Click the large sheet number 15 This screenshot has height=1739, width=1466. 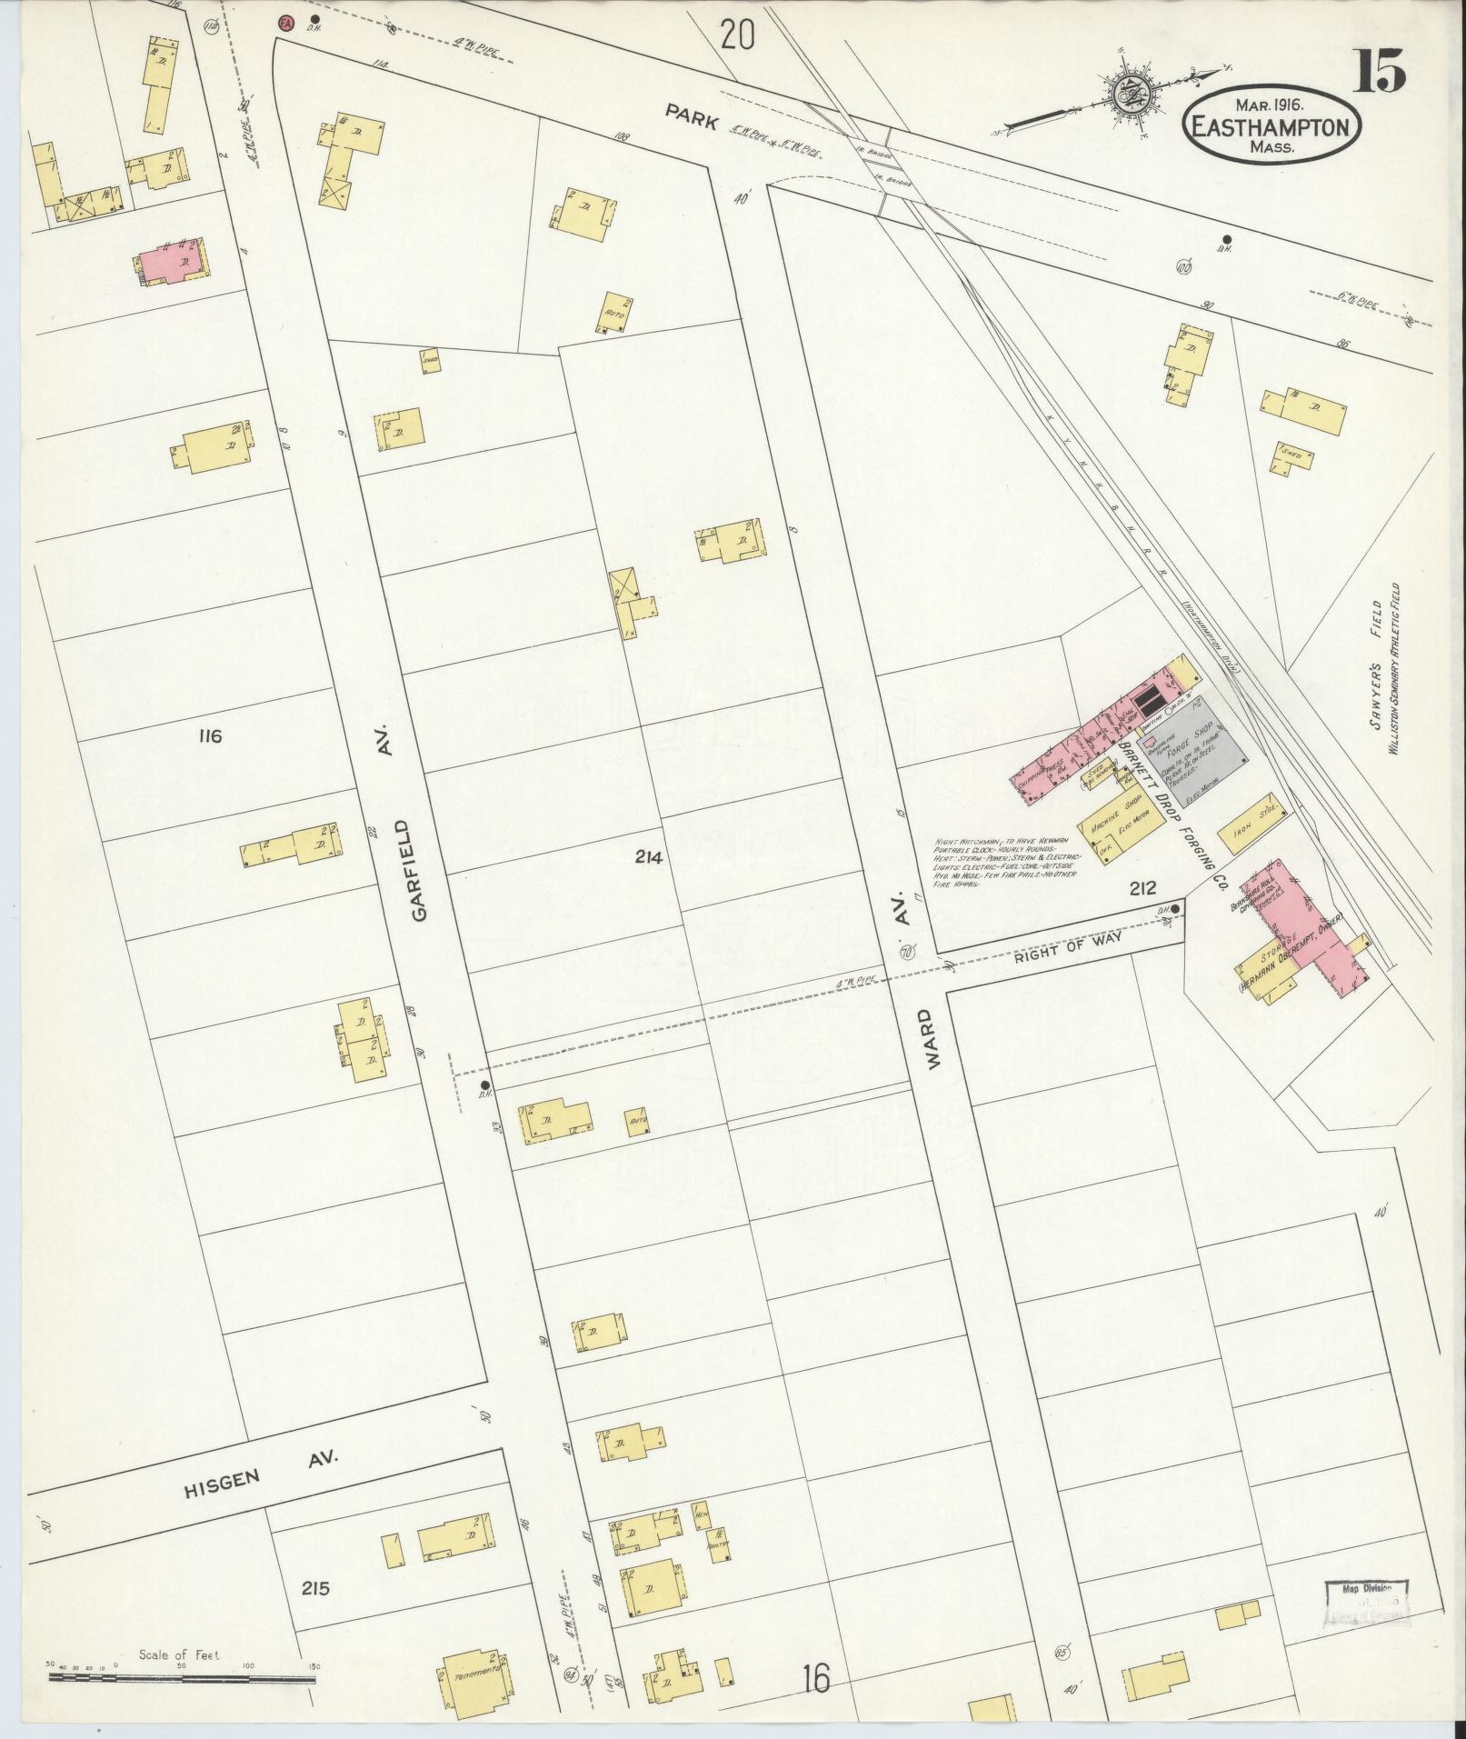pyautogui.click(x=1381, y=70)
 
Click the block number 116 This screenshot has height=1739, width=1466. pyautogui.click(x=209, y=735)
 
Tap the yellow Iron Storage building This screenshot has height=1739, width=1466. pyautogui.click(x=1258, y=817)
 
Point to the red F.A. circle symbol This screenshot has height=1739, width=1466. pyautogui.click(x=285, y=21)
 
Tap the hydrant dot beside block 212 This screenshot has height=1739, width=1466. pyautogui.click(x=1176, y=908)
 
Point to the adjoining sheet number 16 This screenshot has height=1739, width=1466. pyautogui.click(x=816, y=1679)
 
